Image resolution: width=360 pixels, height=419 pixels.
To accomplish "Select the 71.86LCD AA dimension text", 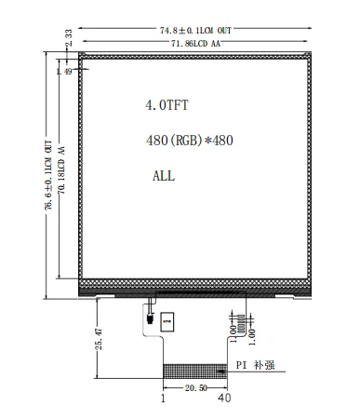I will [194, 44].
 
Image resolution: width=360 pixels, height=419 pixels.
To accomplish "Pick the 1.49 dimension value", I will [65, 71].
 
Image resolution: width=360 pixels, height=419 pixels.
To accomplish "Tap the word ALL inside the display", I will [163, 175].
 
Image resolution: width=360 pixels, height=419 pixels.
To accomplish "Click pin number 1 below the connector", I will [164, 399].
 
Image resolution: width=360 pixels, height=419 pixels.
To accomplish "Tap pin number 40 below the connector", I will [223, 399].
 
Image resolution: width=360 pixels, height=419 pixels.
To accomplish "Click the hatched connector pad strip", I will [196, 371].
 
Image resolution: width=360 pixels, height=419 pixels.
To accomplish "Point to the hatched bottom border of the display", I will [194, 282].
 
